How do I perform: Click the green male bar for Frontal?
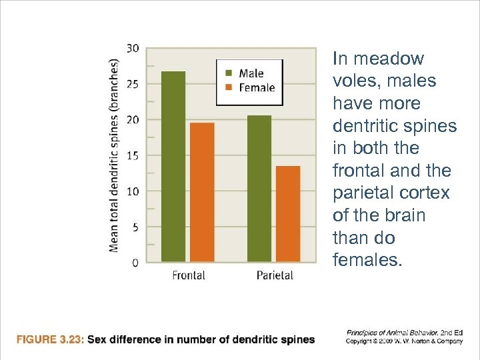click(173, 167)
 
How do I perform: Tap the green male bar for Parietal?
click(259, 189)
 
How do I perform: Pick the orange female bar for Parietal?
click(288, 213)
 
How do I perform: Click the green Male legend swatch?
click(228, 73)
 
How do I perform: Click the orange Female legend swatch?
click(228, 87)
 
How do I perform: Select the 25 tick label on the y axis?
click(133, 84)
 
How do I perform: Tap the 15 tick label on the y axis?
click(133, 155)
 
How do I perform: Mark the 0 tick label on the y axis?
click(135, 263)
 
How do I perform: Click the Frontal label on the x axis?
click(189, 275)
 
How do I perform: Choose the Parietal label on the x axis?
click(275, 275)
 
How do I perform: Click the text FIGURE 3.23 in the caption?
click(50, 339)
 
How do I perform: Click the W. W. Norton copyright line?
click(404, 341)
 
